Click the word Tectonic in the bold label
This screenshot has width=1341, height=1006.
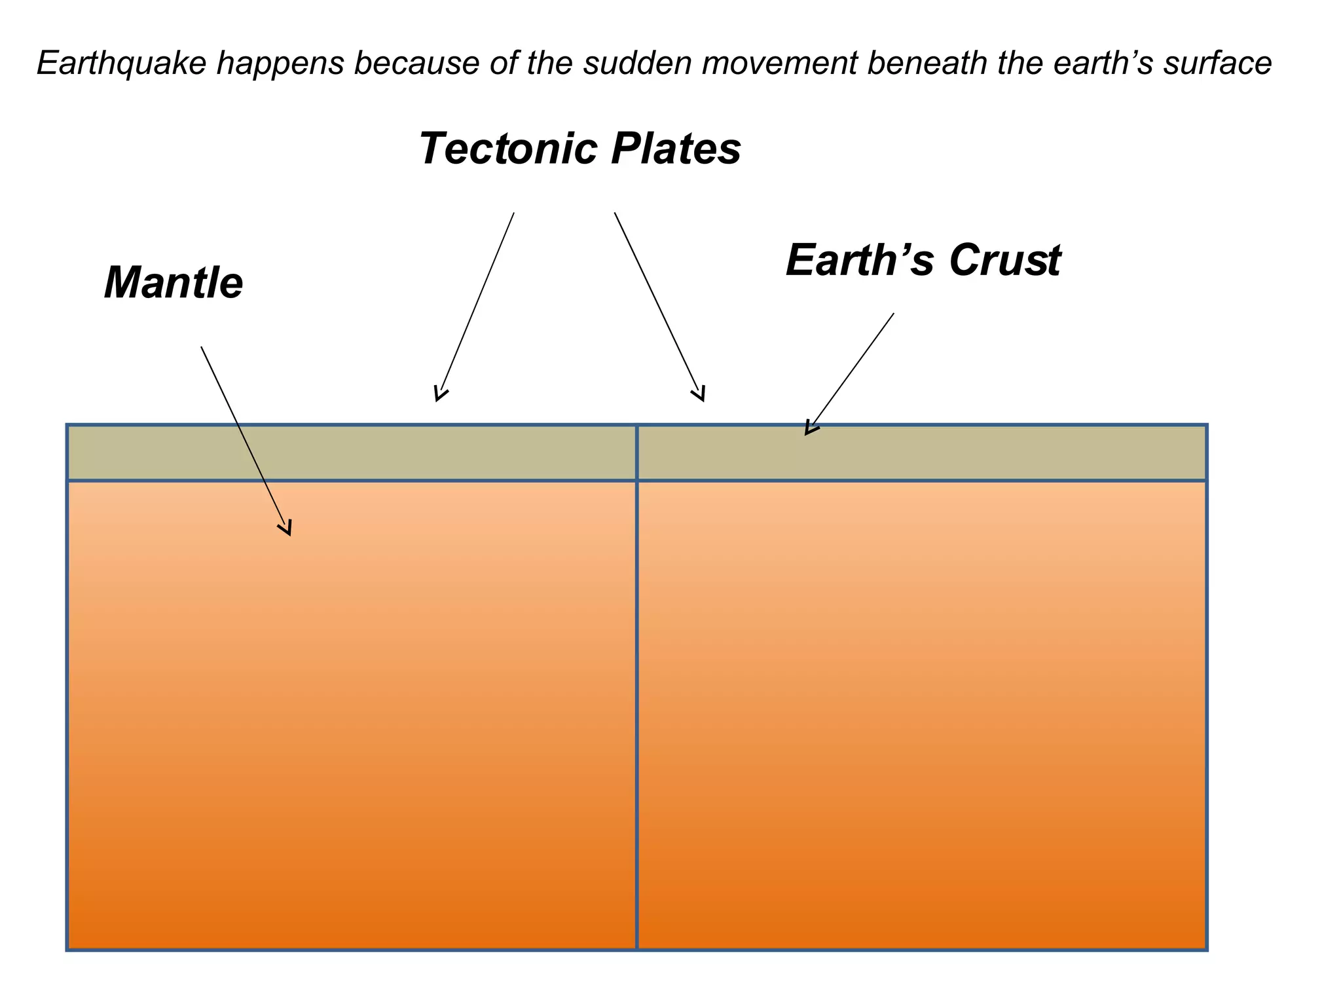click(x=508, y=149)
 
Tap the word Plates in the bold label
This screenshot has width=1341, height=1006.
click(x=676, y=149)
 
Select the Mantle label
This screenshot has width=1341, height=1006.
click(x=174, y=283)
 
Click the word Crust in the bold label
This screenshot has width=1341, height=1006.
click(x=1004, y=260)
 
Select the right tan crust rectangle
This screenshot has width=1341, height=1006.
click(x=982, y=453)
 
